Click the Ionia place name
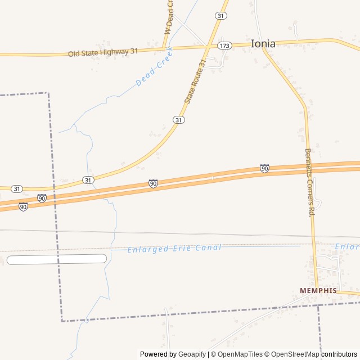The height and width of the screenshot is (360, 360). pos(263,43)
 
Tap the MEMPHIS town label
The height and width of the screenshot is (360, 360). pos(318,290)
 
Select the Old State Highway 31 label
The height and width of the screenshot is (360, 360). pos(103,52)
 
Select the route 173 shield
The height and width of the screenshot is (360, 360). pos(224,46)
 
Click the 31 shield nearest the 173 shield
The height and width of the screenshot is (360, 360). pos(221,16)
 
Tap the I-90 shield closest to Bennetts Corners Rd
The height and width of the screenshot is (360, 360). pos(264,168)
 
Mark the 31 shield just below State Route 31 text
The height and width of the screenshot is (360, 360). pos(178,120)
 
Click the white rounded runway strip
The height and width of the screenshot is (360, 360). pos(56,259)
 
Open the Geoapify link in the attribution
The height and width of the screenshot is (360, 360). pos(192,354)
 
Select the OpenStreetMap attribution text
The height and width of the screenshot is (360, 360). pos(295,354)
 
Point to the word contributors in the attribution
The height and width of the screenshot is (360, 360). pos(339,354)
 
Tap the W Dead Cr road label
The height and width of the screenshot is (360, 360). pos(168,17)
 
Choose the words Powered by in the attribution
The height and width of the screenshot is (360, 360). pos(158,354)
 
